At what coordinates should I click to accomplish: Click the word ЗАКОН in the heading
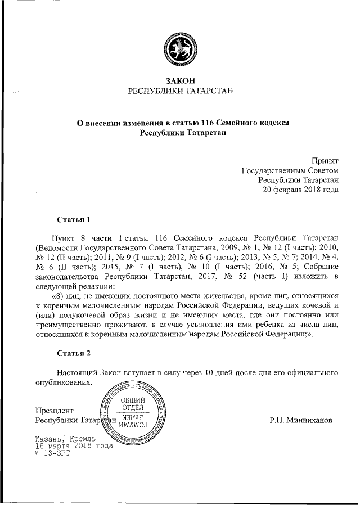tap(181, 80)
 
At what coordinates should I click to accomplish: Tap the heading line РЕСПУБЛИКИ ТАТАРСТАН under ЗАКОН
tap(181, 91)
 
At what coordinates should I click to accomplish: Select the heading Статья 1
tap(74, 219)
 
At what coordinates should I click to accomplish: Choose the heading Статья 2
tap(74, 353)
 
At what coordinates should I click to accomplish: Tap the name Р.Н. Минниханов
tap(301, 420)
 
